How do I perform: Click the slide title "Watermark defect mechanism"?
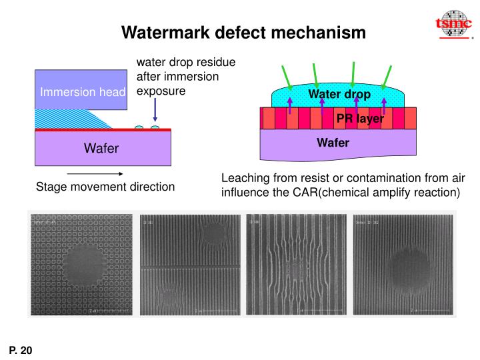pos(243,31)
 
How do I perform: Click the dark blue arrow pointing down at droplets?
pos(155,111)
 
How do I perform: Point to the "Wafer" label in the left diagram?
pos(101,148)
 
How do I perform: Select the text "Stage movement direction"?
pos(105,187)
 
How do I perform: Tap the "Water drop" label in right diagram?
pos(339,95)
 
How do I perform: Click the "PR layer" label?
pos(359,119)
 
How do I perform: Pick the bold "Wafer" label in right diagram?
pos(333,143)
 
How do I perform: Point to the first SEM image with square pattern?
pos(81,265)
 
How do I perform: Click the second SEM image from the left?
pos(189,265)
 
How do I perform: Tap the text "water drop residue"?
pos(186,63)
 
